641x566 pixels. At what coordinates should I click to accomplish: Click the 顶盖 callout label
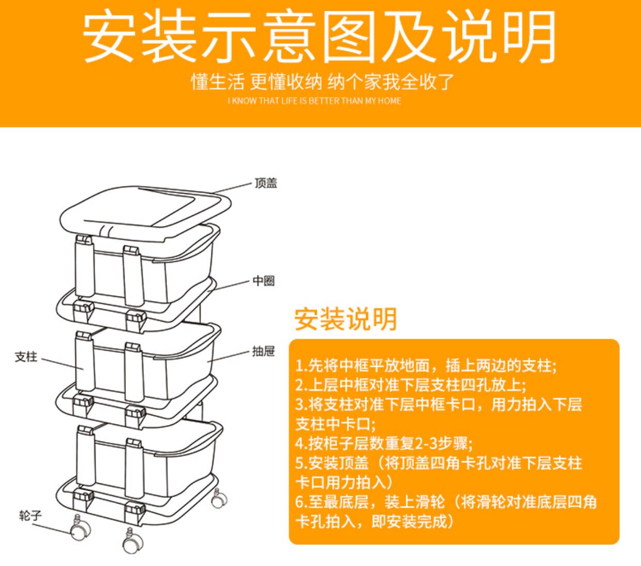tap(266, 183)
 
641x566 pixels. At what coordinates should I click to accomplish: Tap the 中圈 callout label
tap(264, 281)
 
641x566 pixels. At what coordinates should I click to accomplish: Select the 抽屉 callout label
tap(263, 352)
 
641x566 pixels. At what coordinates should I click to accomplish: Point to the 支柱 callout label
tap(26, 357)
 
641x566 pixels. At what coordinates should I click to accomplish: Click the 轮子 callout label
tap(30, 515)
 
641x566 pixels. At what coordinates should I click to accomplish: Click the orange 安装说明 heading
tap(345, 319)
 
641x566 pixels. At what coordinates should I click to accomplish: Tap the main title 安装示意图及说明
tap(319, 37)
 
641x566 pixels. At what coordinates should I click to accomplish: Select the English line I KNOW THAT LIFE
tap(314, 101)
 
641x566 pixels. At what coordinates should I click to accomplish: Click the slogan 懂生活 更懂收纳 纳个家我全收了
tap(323, 82)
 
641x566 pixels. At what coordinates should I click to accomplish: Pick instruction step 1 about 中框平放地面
tap(426, 366)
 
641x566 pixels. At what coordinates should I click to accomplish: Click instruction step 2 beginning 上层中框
tap(410, 385)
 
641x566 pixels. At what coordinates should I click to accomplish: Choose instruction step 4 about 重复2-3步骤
tap(384, 443)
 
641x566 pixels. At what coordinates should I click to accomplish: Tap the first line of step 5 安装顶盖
tap(438, 463)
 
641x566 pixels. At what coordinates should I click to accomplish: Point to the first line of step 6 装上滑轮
tap(446, 501)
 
